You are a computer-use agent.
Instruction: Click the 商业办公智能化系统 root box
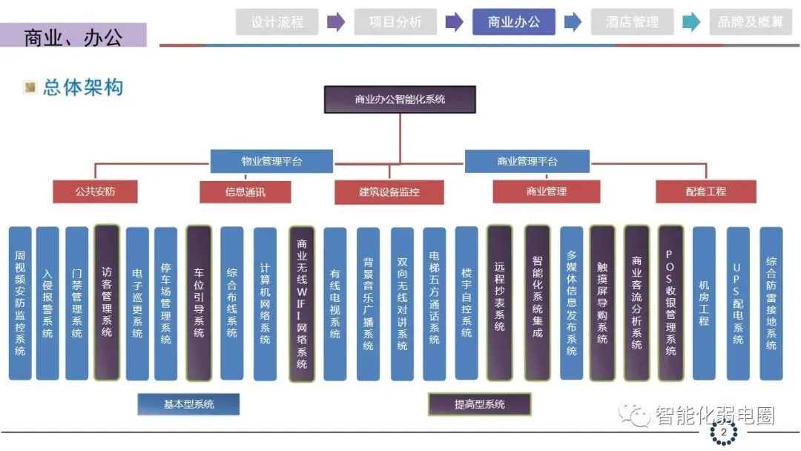(400, 99)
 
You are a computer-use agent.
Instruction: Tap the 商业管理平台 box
(527, 161)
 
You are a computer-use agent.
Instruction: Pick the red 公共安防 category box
(95, 191)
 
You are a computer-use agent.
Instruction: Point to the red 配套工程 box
(705, 191)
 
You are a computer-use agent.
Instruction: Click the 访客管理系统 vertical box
(107, 303)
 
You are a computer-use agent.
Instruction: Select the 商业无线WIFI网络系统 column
(301, 303)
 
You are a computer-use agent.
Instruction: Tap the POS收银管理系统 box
(670, 303)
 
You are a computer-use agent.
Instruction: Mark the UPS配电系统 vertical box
(737, 303)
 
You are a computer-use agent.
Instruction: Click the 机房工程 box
(704, 303)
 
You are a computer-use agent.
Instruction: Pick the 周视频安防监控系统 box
(20, 303)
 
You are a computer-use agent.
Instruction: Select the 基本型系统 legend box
(188, 404)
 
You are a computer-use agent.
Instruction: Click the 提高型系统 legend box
(479, 404)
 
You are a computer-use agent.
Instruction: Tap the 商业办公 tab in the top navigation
(514, 22)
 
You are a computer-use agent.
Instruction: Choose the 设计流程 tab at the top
(277, 22)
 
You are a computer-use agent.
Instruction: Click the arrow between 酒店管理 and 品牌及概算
(691, 22)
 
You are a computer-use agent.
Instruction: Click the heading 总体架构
(82, 88)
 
